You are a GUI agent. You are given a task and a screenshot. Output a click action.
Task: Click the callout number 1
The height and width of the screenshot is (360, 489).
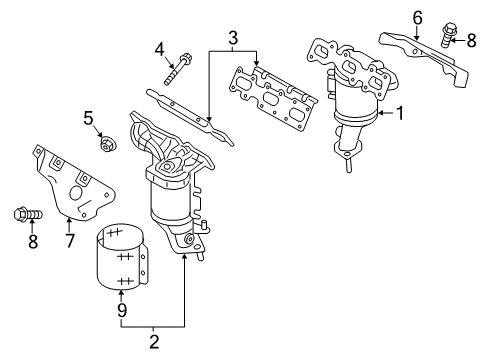[x=399, y=113]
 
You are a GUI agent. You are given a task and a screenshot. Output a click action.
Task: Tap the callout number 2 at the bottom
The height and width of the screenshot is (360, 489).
[x=154, y=342]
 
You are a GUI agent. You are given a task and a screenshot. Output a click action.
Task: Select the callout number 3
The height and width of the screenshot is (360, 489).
[x=233, y=38]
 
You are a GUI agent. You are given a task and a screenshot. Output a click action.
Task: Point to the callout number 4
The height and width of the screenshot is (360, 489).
[x=160, y=50]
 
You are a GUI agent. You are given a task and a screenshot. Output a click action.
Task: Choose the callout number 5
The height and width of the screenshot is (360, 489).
[x=88, y=118]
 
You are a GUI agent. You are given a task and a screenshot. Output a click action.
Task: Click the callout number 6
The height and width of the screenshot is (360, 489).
[x=417, y=18]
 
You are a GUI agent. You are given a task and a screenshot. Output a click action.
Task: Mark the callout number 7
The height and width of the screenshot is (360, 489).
[x=69, y=241]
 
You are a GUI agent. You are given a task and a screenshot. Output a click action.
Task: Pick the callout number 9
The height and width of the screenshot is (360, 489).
[x=122, y=311]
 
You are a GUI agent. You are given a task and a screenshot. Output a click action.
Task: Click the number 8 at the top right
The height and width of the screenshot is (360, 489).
[x=471, y=41]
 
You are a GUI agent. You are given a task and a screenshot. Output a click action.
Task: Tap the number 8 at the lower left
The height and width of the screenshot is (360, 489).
[x=33, y=241]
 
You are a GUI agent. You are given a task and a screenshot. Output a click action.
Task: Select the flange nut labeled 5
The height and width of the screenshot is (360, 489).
[x=106, y=144]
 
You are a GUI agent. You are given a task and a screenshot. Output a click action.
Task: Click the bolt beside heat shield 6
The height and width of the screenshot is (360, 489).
[x=448, y=35]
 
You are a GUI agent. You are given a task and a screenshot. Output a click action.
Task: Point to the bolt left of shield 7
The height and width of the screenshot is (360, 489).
[x=28, y=214]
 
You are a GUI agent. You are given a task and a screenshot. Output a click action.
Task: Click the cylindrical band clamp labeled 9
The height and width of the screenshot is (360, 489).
[x=121, y=256]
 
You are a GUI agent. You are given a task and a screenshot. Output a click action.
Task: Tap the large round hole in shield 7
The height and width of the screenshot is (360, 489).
[x=76, y=194]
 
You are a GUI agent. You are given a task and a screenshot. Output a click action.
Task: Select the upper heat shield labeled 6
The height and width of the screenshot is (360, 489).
[x=424, y=60]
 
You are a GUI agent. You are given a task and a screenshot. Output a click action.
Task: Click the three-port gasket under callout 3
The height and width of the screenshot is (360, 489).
[x=274, y=99]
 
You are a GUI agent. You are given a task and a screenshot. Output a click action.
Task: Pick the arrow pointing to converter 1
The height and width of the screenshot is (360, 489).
[x=386, y=113]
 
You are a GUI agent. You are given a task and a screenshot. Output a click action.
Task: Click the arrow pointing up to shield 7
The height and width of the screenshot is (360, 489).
[x=69, y=225]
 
